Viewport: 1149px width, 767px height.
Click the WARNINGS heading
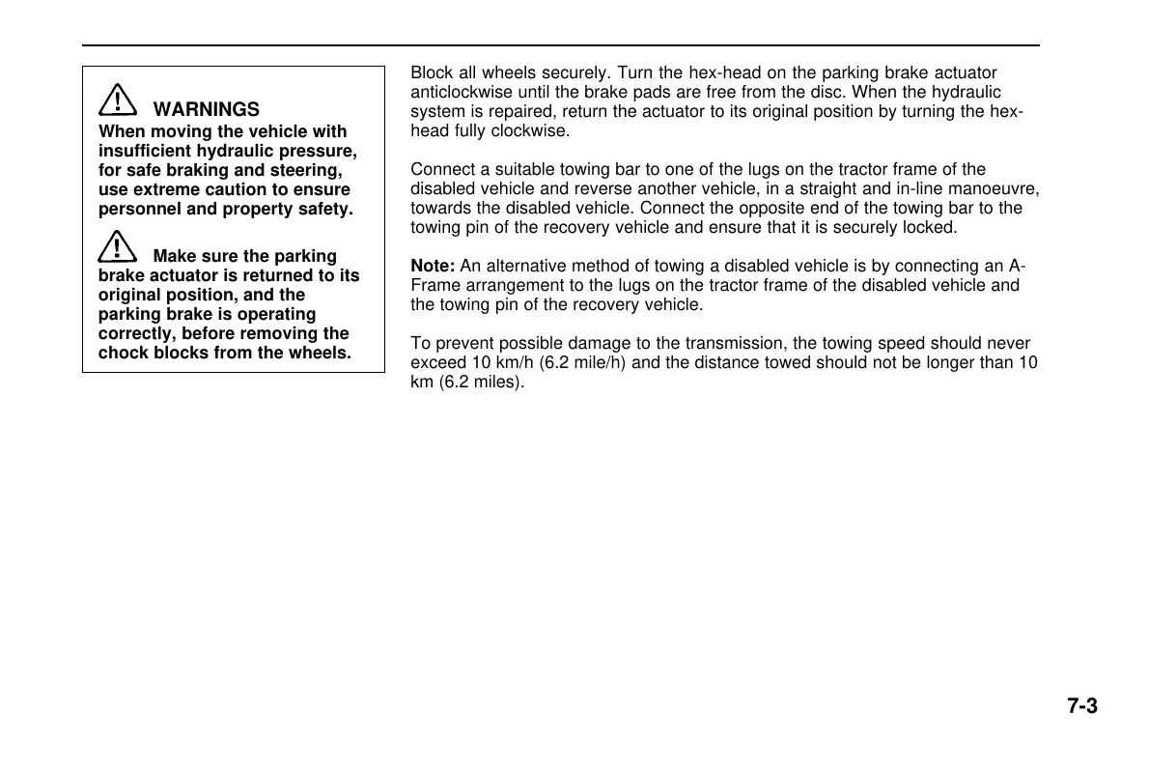(206, 110)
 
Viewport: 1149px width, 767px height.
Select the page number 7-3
(1082, 706)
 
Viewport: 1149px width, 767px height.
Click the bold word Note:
(433, 267)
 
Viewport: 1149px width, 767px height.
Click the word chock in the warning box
(121, 353)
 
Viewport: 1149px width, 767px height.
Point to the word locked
(930, 228)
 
